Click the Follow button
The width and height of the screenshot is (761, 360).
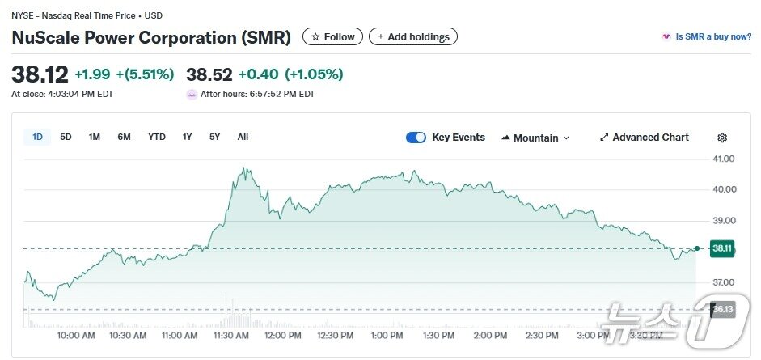(x=332, y=36)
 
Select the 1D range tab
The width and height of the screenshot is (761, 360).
(x=37, y=137)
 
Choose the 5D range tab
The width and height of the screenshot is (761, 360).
(x=66, y=137)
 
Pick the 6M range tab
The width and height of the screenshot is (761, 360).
(x=124, y=137)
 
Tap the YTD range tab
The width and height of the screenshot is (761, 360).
(x=156, y=137)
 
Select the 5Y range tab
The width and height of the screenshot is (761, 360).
(x=214, y=137)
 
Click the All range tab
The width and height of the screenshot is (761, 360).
(x=243, y=137)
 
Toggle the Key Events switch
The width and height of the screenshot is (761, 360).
(x=416, y=138)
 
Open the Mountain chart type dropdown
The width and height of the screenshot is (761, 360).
(x=535, y=138)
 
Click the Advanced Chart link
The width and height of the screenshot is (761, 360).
(x=645, y=138)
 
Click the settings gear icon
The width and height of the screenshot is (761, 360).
(x=722, y=138)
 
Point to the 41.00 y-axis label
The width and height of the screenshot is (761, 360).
(x=723, y=159)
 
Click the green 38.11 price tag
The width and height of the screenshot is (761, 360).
(x=722, y=249)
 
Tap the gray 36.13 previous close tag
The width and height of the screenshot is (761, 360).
(x=722, y=309)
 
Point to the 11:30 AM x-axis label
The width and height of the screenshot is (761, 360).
(x=230, y=335)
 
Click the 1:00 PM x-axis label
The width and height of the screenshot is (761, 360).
(x=386, y=335)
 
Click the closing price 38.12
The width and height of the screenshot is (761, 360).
(x=40, y=74)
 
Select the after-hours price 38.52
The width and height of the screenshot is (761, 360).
(x=209, y=74)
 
